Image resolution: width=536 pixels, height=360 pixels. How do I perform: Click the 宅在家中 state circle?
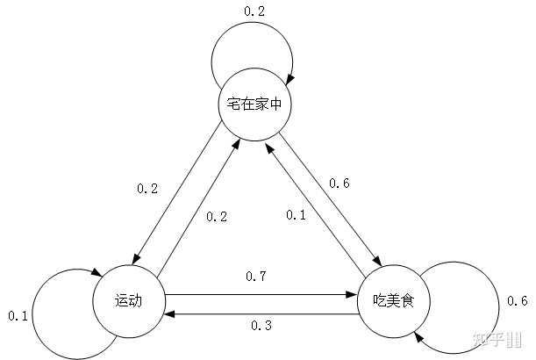click(x=254, y=104)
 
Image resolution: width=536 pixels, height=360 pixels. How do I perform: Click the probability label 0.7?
click(x=257, y=277)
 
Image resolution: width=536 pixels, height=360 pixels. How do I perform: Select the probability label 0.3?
click(x=261, y=326)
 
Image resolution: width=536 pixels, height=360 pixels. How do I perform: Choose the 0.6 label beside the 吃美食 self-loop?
click(x=518, y=302)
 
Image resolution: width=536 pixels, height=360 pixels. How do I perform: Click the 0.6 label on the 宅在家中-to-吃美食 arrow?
click(x=339, y=183)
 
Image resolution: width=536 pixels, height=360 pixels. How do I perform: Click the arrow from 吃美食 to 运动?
click(x=263, y=311)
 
